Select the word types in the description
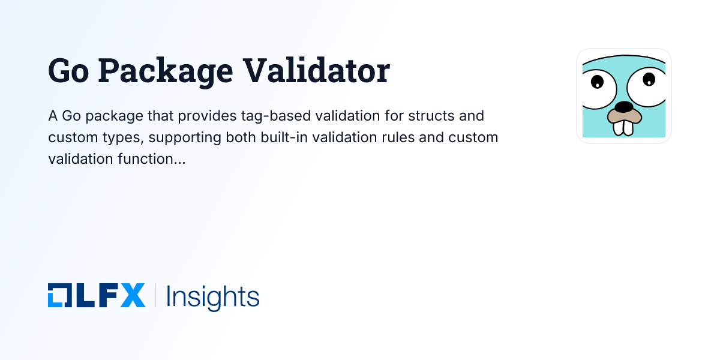(125, 137)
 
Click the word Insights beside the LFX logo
(212, 296)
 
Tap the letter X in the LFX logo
(133, 296)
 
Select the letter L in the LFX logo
(83, 296)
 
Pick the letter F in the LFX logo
(107, 296)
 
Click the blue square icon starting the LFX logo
(59, 296)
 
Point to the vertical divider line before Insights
(155, 296)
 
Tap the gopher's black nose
(624, 107)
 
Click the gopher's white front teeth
(624, 127)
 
